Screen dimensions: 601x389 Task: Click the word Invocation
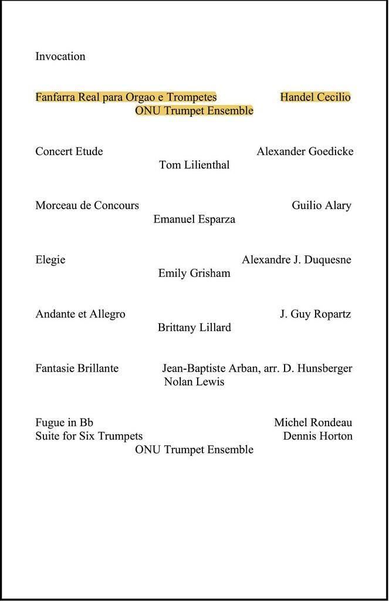tap(60, 56)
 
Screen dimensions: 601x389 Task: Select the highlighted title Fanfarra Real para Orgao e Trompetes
tap(126, 97)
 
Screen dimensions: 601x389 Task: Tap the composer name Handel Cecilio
tap(315, 97)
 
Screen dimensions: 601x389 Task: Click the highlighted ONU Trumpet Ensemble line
tap(194, 110)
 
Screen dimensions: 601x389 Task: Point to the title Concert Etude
tap(69, 151)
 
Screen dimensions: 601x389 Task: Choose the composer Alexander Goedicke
tap(305, 151)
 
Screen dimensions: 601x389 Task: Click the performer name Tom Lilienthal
tap(194, 165)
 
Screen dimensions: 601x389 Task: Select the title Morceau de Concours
tap(87, 205)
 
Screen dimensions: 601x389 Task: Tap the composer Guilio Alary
tap(322, 205)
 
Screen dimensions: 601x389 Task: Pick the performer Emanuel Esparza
tap(194, 219)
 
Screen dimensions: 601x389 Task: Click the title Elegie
tap(50, 259)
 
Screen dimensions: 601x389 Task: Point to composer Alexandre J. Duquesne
tap(296, 259)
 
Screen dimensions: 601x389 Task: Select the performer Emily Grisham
tap(194, 273)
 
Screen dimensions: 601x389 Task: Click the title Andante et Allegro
tap(80, 314)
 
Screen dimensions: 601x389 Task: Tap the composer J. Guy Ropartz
tap(315, 314)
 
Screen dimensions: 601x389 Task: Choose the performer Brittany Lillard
tap(194, 327)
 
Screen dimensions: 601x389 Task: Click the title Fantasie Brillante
tap(77, 369)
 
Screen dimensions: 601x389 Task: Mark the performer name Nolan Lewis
tap(194, 382)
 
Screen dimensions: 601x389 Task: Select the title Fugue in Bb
tap(65, 423)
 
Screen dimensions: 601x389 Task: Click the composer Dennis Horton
tap(317, 436)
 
